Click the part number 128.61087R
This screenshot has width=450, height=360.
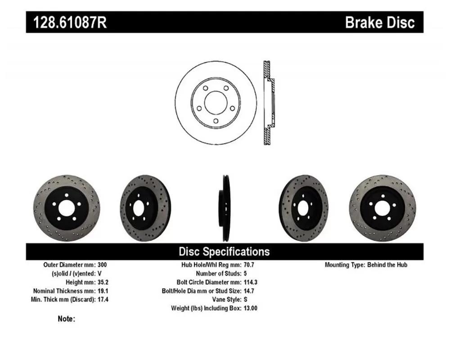(x=70, y=22)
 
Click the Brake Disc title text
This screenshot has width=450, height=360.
(x=380, y=22)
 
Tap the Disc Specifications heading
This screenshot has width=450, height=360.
(x=225, y=252)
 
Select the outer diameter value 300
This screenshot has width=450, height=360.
(x=102, y=265)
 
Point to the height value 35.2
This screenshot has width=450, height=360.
(x=103, y=282)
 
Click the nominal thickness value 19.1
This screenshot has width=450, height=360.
(x=103, y=291)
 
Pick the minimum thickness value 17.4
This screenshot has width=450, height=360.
(x=103, y=299)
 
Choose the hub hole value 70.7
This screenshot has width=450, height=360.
(x=249, y=265)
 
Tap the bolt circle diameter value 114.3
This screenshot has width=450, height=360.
(x=251, y=282)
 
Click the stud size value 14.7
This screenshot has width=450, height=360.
(x=249, y=291)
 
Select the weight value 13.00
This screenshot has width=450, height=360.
(x=251, y=308)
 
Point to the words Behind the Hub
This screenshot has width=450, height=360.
(x=387, y=265)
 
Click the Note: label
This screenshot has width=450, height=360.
(x=66, y=319)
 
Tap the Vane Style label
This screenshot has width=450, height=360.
(x=227, y=299)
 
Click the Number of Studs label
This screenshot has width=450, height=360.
(x=219, y=273)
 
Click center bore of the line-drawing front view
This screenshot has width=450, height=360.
(x=216, y=103)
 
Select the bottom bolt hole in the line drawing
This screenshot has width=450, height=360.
(x=216, y=121)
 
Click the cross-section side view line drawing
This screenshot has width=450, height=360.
(x=269, y=103)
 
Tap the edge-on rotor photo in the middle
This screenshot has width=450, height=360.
(x=225, y=208)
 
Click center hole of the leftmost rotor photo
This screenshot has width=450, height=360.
(x=67, y=208)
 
